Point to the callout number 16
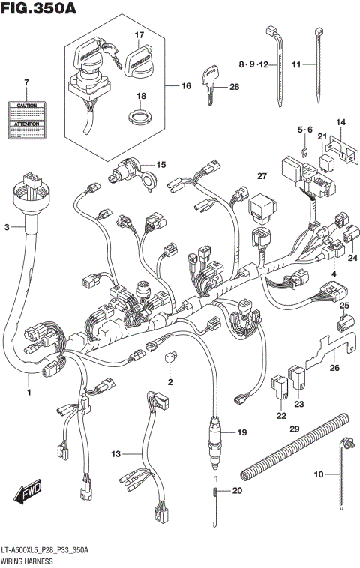pos(186,86)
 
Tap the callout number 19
pos(241,433)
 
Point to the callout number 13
pos(116,453)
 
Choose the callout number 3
pos(7,226)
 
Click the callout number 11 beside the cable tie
pos(296,65)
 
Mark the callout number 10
pos(318,474)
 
